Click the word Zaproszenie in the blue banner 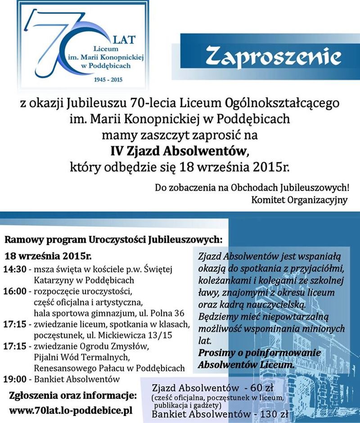pyautogui.click(x=273, y=57)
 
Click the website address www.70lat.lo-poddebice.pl pyautogui.click(x=71, y=410)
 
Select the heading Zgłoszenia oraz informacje pyautogui.click(x=72, y=396)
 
